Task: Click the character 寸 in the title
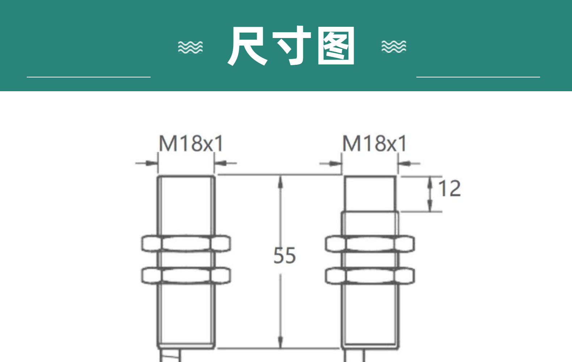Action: [x=292, y=46]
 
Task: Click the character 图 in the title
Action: [x=336, y=46]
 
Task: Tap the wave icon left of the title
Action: [x=190, y=47]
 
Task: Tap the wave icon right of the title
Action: [x=394, y=47]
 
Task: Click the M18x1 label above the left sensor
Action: [x=191, y=143]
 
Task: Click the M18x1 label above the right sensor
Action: [x=375, y=143]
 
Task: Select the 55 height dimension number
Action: [x=285, y=256]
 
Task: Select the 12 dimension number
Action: [x=450, y=189]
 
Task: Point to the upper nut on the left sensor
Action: [x=186, y=243]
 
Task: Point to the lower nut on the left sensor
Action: [x=186, y=275]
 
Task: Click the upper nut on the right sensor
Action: [x=370, y=243]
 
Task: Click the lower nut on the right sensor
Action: [x=370, y=276]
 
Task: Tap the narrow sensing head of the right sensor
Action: [x=370, y=194]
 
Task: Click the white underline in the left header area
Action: [x=89, y=77]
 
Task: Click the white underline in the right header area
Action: [x=478, y=77]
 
